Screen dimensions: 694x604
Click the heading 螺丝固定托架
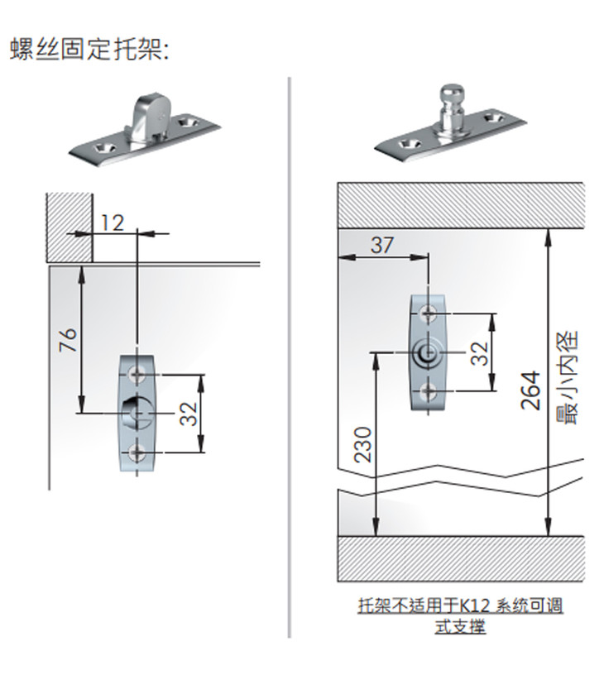tap(89, 49)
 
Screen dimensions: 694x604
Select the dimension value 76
tap(69, 338)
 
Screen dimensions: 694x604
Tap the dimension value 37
tap(382, 245)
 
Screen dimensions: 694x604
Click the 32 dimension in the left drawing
tap(189, 413)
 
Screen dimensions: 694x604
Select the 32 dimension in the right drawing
tap(478, 352)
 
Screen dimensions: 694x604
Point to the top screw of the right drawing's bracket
tap(428, 313)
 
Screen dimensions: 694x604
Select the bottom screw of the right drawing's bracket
tap(428, 390)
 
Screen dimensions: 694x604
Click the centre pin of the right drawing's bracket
tap(427, 352)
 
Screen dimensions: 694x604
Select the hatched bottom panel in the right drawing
tap(461, 558)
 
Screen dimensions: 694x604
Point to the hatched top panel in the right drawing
tap(461, 204)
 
